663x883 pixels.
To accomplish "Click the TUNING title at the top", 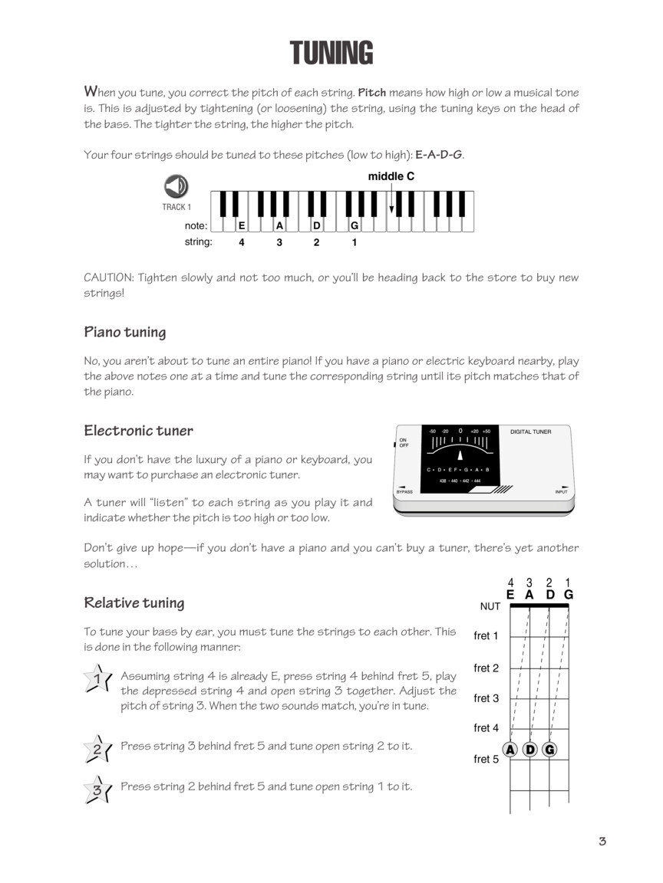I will click(x=331, y=54).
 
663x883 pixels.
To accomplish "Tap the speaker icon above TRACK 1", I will click(x=176, y=186).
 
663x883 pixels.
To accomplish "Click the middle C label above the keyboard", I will click(x=391, y=176).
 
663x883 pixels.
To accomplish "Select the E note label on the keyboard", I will click(x=242, y=226).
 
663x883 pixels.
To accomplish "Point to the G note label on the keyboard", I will click(x=355, y=226).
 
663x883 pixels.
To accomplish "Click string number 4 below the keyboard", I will click(x=242, y=242).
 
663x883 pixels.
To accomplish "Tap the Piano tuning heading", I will click(x=124, y=333).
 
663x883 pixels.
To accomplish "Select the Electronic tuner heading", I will click(x=138, y=431).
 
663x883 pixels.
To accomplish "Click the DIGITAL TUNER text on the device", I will click(x=531, y=432).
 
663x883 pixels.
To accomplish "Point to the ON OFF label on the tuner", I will click(x=404, y=443).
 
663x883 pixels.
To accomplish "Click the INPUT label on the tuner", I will click(x=562, y=491).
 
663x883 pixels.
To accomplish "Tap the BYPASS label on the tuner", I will click(x=404, y=491).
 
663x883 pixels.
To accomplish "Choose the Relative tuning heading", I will click(x=134, y=602).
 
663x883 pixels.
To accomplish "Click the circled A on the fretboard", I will click(x=510, y=750).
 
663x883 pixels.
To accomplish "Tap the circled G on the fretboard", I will click(x=549, y=750).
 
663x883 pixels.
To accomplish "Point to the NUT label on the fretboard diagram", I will click(x=490, y=606).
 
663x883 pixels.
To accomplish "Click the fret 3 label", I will click(x=487, y=698).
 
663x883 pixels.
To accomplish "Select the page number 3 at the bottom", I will click(x=602, y=842).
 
